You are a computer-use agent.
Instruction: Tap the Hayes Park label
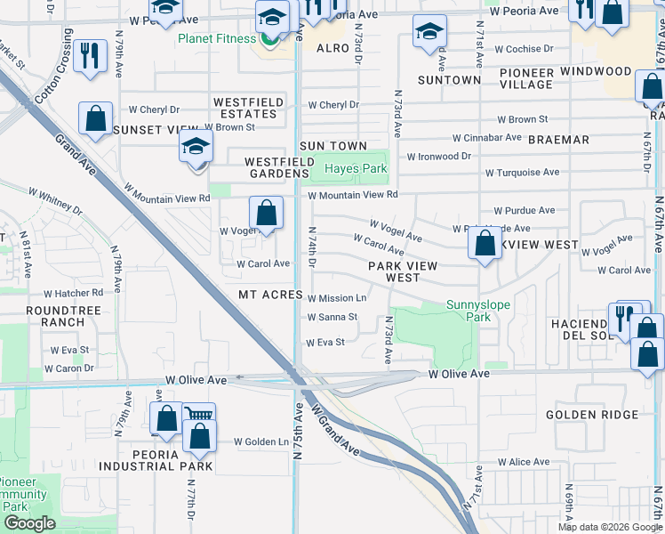click(356, 168)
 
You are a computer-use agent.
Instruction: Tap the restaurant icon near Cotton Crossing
click(90, 56)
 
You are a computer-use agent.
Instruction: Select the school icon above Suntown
click(429, 33)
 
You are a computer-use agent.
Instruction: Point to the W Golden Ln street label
click(261, 441)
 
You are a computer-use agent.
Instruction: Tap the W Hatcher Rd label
click(73, 293)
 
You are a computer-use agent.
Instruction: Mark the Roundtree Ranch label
click(55, 315)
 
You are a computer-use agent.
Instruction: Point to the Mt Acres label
click(270, 295)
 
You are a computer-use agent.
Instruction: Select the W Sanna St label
click(332, 317)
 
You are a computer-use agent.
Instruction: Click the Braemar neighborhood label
click(558, 140)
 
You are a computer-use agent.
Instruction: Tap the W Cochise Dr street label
click(524, 49)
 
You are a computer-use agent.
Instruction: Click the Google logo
click(29, 523)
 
